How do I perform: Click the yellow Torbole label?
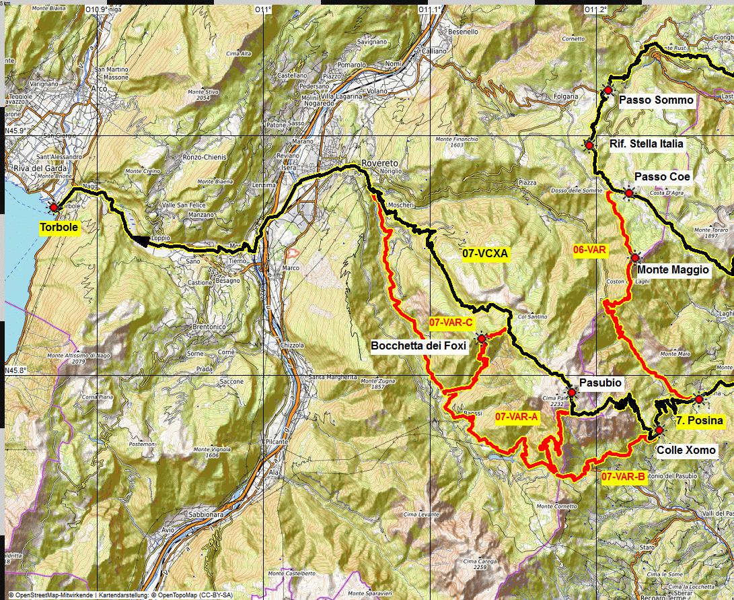coord(58,228)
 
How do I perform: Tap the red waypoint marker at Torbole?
coord(54,207)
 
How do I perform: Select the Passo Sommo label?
coord(656,100)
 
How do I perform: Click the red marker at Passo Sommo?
coord(608,90)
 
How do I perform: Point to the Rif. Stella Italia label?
coord(646,143)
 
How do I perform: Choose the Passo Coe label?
coord(663,176)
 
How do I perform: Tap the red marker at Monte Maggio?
coord(635,257)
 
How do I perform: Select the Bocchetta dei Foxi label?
coord(418,346)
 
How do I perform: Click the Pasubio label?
coord(600,382)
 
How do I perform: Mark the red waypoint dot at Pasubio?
coord(571,393)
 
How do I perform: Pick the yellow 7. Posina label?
coord(699,421)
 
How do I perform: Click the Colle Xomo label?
coord(686,451)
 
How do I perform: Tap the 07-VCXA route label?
coord(486,254)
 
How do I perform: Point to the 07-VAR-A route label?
coord(517,417)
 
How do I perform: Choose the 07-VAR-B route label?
coord(623,477)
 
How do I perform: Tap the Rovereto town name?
coord(380,164)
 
